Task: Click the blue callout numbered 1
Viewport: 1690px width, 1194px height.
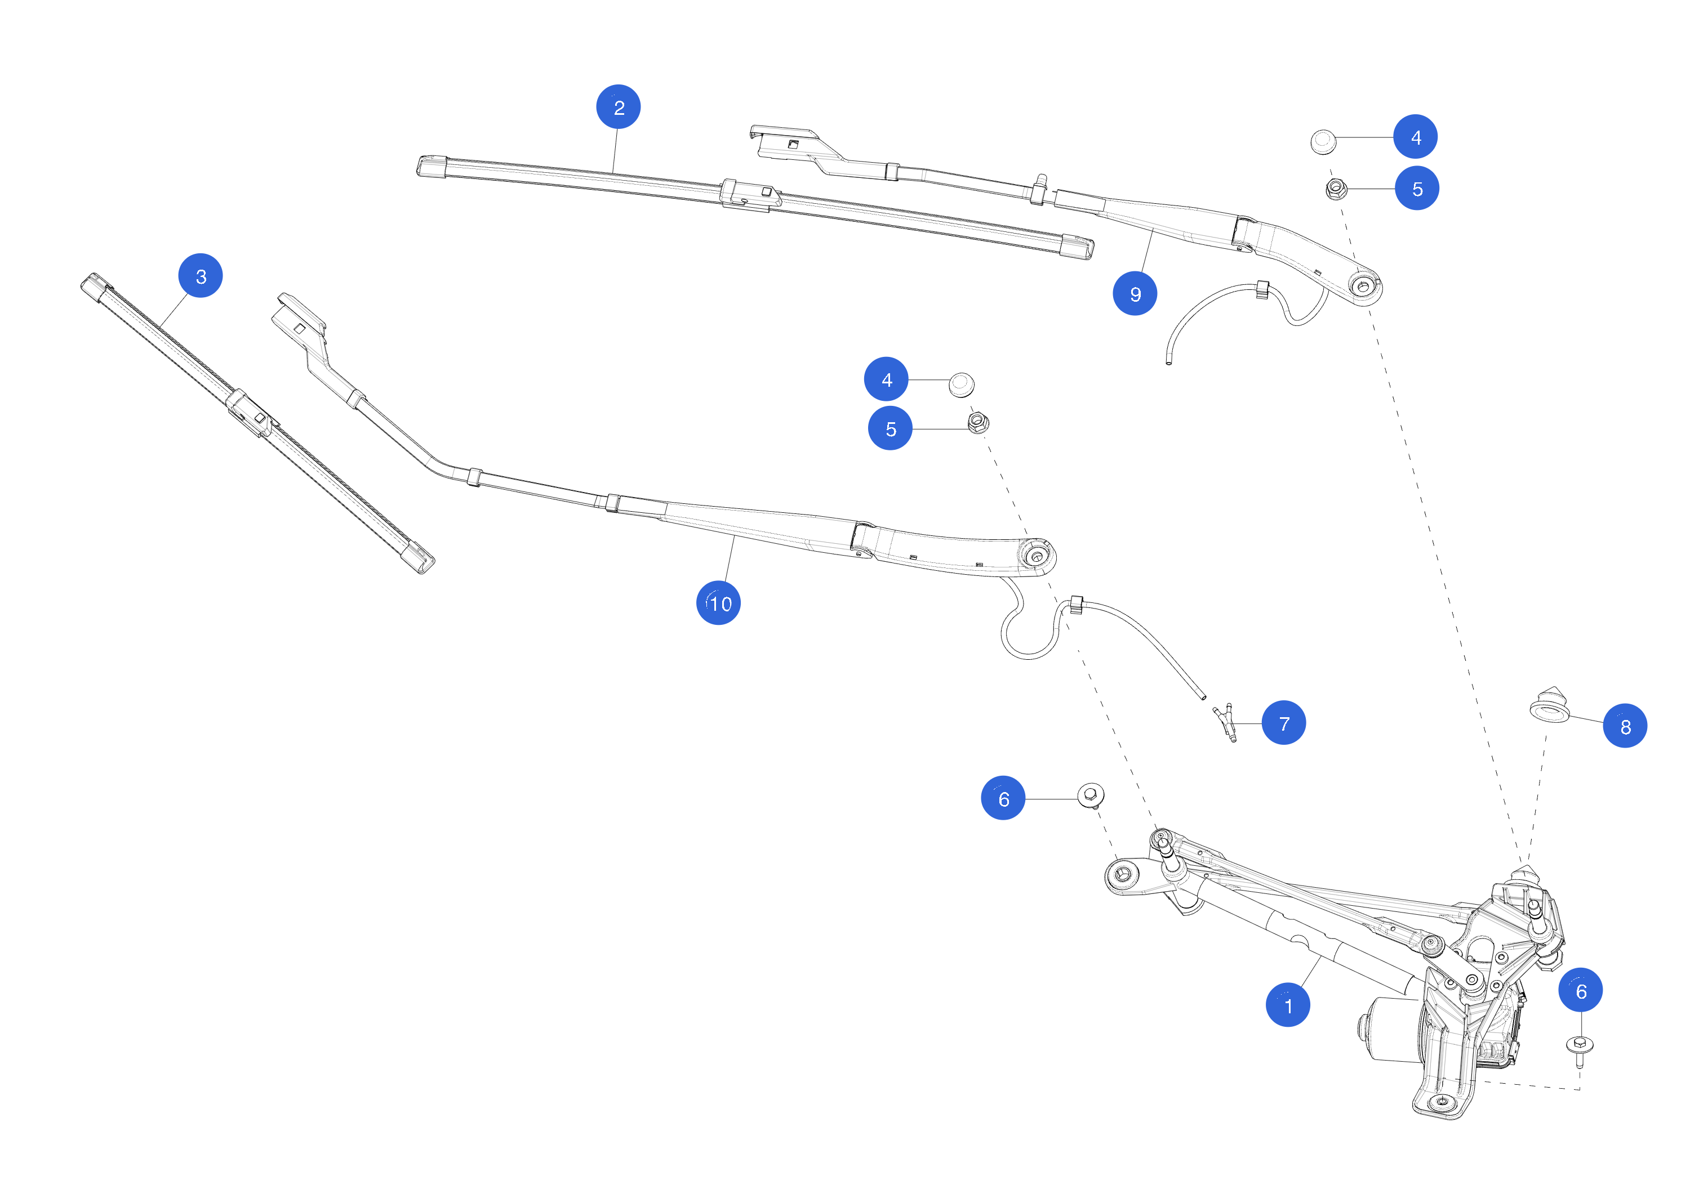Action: (x=1287, y=1005)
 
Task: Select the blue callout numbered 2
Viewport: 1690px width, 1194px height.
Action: (x=619, y=108)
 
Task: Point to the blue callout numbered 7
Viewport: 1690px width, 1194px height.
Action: (x=1284, y=723)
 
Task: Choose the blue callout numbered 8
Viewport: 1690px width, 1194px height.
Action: (x=1625, y=726)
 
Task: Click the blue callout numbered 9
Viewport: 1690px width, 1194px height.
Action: (x=1135, y=293)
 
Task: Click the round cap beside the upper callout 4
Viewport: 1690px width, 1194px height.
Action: (x=1323, y=141)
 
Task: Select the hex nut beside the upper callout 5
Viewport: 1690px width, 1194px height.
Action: (x=1336, y=189)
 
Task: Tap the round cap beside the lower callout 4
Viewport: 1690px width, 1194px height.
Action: (x=961, y=384)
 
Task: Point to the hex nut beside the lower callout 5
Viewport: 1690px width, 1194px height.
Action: (x=977, y=422)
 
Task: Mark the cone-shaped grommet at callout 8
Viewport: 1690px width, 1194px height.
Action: (x=1549, y=705)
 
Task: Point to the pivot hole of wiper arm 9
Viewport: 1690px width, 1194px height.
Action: (x=1363, y=285)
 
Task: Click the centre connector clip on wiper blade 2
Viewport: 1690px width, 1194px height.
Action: (x=749, y=195)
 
